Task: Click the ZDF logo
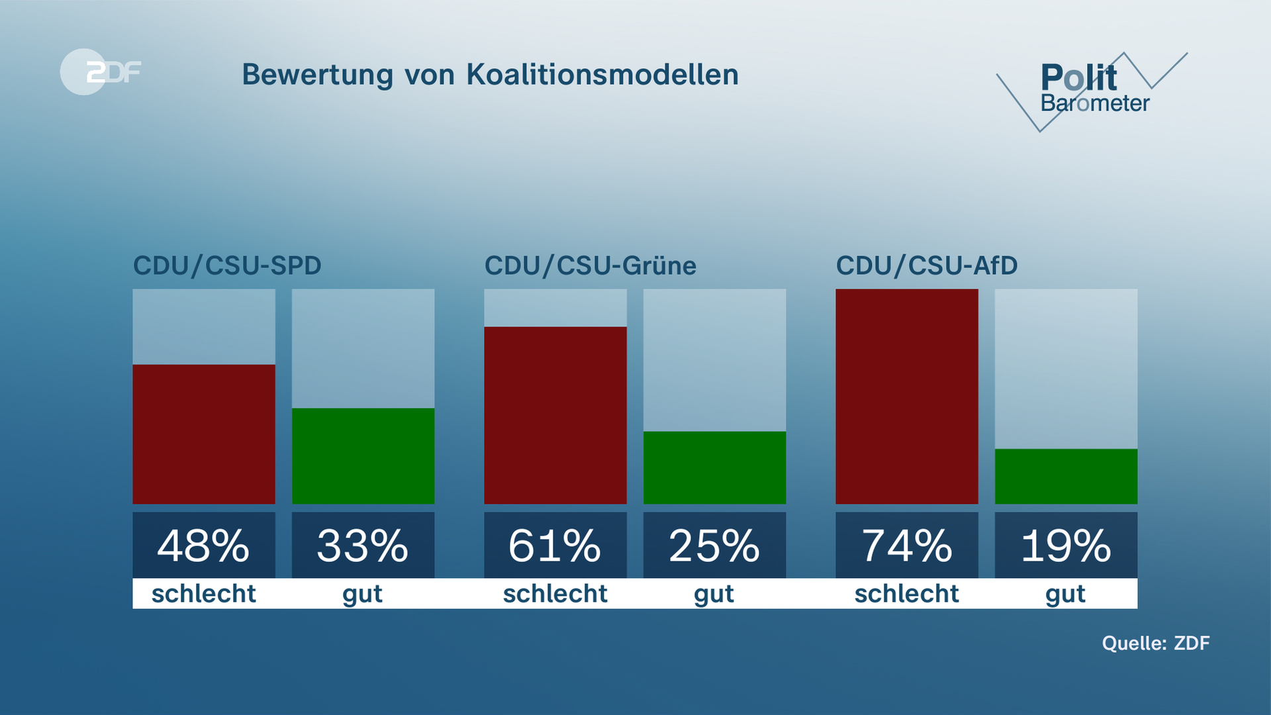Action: [x=101, y=71]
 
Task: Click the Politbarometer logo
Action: [x=1092, y=89]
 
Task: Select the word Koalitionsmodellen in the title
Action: [x=602, y=74]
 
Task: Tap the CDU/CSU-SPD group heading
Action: [x=227, y=265]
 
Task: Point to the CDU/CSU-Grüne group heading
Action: [x=590, y=265]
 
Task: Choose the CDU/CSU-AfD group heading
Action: [x=926, y=265]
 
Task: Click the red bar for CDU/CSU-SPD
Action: [x=204, y=434]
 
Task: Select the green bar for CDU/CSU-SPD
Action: [x=363, y=455]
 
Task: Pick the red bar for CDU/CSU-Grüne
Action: [x=555, y=415]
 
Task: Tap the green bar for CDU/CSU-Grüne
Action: [x=714, y=467]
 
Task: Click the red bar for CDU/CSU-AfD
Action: [x=906, y=396]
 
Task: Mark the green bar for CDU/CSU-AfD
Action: [x=1066, y=476]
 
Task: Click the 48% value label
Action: [x=204, y=546]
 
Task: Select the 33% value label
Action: [x=363, y=546]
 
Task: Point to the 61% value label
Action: [x=555, y=546]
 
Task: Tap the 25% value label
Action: [x=714, y=546]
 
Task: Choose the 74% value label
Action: [x=906, y=546]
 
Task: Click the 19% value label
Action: [x=1066, y=546]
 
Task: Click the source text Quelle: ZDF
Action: [x=1155, y=643]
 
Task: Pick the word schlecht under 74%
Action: [x=906, y=594]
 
